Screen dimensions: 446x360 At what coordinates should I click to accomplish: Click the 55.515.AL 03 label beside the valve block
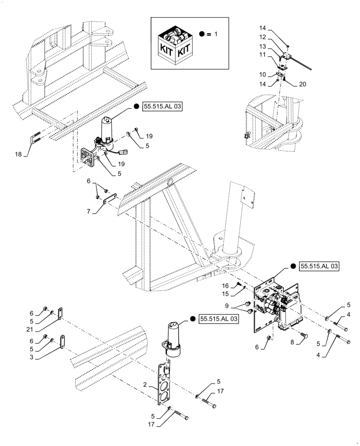pyautogui.click(x=319, y=266)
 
